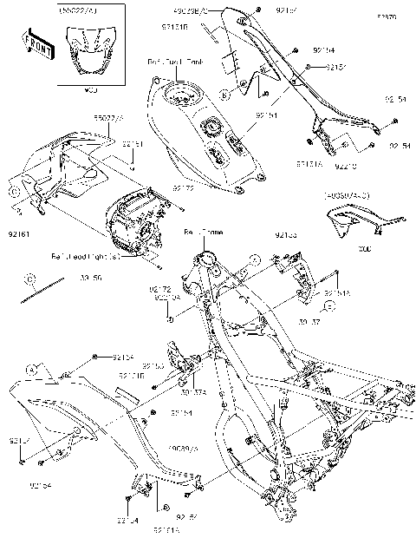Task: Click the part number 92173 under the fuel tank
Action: point(183,187)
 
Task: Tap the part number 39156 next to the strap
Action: point(91,279)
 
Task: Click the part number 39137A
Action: point(192,391)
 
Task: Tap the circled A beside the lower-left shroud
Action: point(32,370)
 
